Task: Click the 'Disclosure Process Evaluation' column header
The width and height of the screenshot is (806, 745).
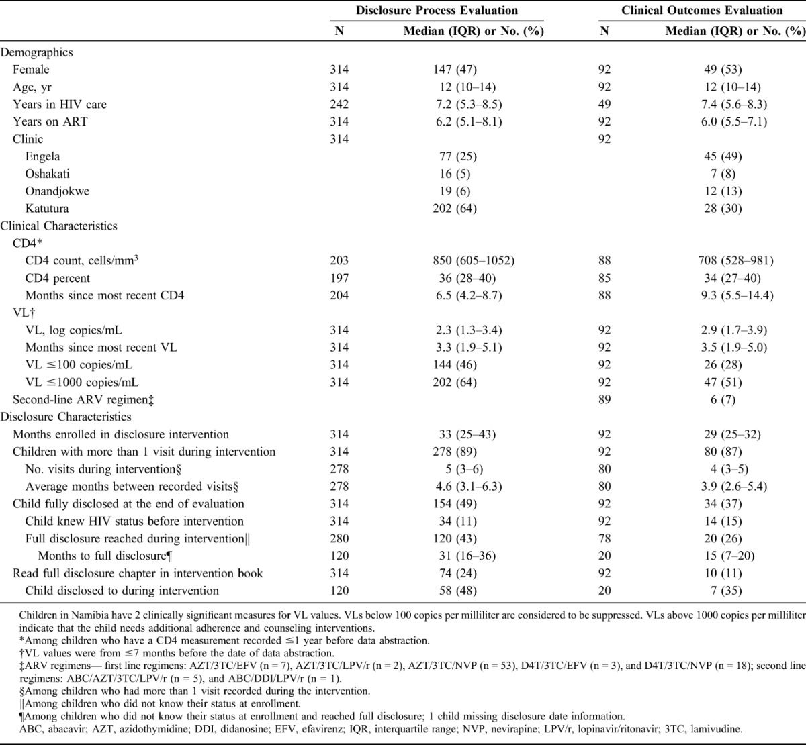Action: [x=437, y=11]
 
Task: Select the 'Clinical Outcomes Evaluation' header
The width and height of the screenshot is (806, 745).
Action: [x=702, y=11]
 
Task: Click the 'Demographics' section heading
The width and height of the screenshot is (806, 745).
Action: [x=37, y=52]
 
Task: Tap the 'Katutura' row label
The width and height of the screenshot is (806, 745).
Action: [x=47, y=209]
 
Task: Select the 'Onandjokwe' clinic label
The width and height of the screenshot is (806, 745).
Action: [x=57, y=191]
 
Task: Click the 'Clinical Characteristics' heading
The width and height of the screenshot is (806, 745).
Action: [x=59, y=226]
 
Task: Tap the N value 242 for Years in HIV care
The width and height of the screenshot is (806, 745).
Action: [x=339, y=105]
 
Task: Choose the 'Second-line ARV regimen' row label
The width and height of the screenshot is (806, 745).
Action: [x=79, y=400]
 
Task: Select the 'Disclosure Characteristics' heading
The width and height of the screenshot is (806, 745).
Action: [x=66, y=417]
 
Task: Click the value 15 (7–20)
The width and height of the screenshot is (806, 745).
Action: [x=731, y=556]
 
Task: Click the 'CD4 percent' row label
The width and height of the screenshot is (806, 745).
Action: [x=58, y=279]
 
